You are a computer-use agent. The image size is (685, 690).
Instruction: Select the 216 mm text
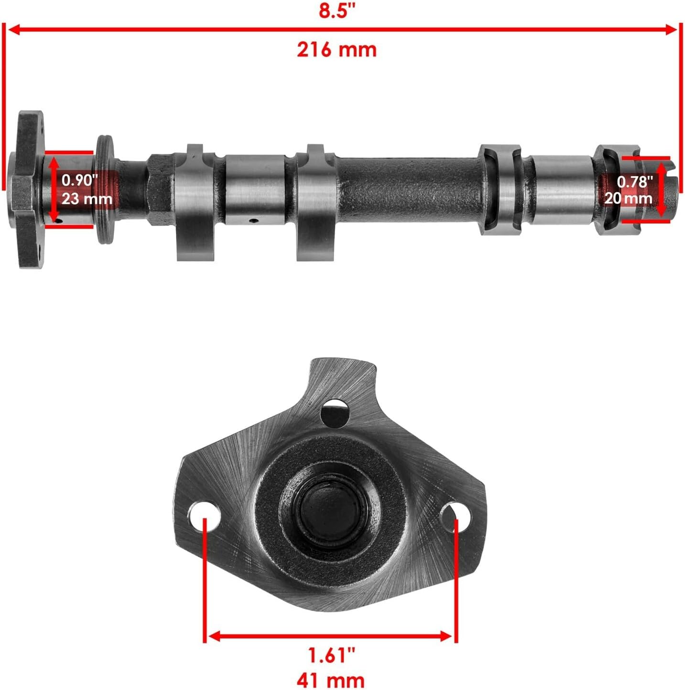click(337, 50)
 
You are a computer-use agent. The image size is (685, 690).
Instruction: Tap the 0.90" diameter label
click(80, 180)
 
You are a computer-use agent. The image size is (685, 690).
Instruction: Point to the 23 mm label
click(87, 199)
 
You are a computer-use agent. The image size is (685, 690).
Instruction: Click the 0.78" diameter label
click(635, 181)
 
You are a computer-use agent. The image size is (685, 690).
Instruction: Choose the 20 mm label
click(628, 198)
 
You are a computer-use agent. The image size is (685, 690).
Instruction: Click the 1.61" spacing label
click(331, 656)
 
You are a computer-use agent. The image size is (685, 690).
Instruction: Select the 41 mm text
click(330, 679)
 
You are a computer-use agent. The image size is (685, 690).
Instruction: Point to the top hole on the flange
click(335, 412)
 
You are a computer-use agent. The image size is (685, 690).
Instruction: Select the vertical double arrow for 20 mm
click(662, 190)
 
